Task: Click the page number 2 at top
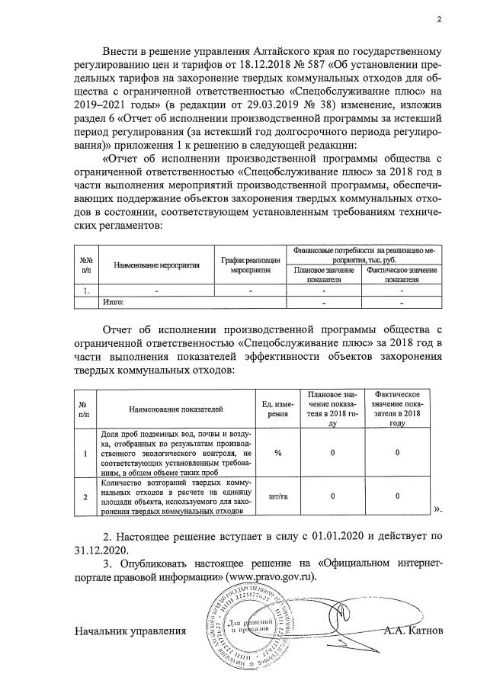[438, 21]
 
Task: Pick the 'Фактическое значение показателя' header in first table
[396, 274]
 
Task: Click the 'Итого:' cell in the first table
[114, 303]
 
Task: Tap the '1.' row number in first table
[86, 290]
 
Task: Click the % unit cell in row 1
[278, 453]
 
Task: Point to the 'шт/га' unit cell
[278, 496]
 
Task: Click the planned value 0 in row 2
[332, 496]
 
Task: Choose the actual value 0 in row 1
[397, 453]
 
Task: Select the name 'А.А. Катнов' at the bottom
[413, 631]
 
